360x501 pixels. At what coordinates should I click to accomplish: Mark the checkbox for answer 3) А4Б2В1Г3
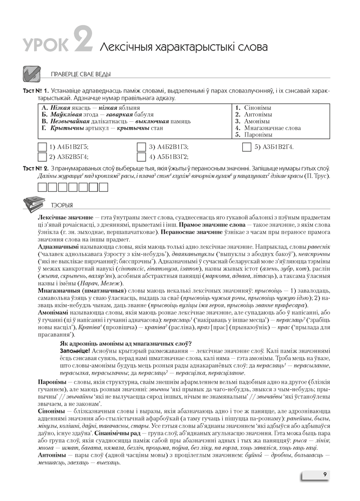[x=141, y=147]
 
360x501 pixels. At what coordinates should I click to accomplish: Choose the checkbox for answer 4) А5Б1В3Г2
[x=141, y=157]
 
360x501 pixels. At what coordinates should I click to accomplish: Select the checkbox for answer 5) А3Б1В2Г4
[x=246, y=147]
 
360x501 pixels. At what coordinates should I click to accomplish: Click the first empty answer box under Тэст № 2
[x=42, y=188]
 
